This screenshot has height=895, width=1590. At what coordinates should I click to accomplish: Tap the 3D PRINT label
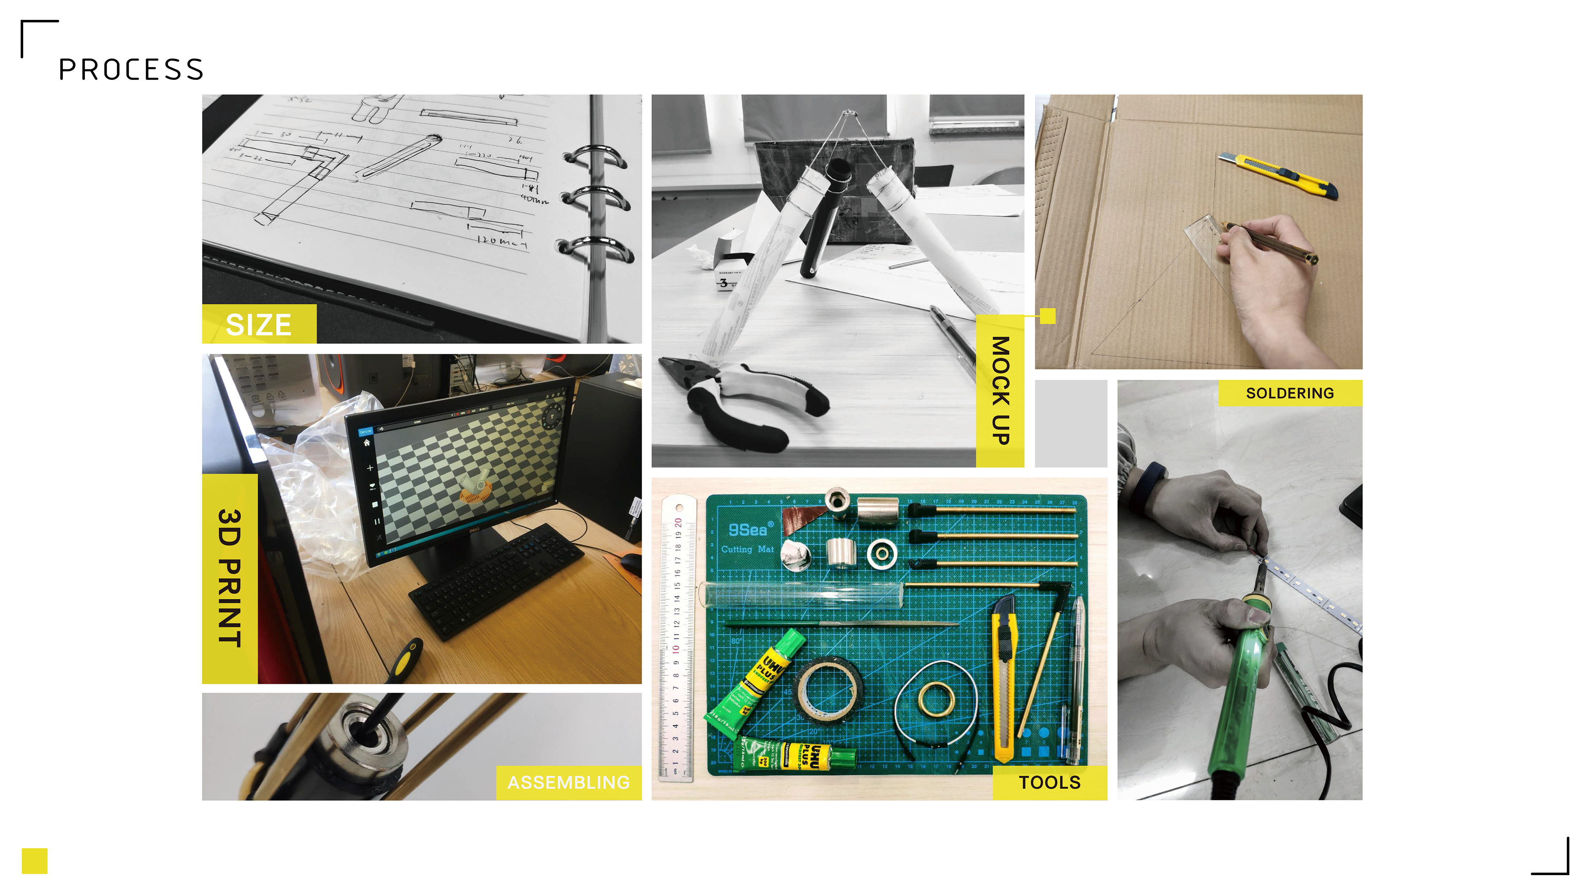click(x=229, y=578)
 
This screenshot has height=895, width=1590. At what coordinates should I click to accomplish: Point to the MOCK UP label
click(x=1000, y=390)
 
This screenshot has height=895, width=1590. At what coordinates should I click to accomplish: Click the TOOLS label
click(x=1049, y=783)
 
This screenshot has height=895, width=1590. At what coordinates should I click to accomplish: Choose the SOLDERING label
click(x=1289, y=393)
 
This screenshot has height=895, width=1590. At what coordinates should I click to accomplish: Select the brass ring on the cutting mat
click(x=936, y=699)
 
